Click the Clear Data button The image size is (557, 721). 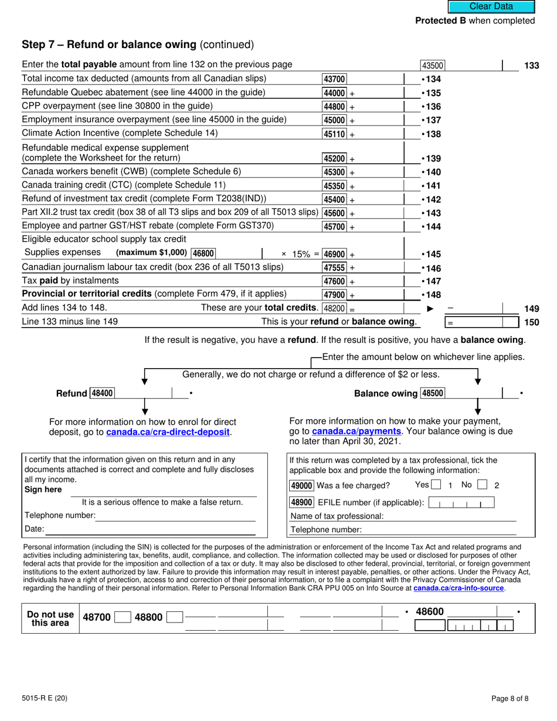tap(491, 7)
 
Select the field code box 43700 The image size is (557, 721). tap(335, 79)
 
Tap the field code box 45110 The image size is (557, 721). tap(335, 134)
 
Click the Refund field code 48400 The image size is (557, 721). tap(102, 393)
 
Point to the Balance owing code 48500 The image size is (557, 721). tap(433, 393)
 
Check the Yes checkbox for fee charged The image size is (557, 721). tap(436, 485)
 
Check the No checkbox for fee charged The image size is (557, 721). tap(482, 485)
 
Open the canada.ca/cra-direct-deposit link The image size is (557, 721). tap(168, 433)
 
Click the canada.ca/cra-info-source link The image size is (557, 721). tap(458, 588)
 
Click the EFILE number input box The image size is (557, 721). tap(461, 502)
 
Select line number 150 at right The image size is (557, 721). tap(531, 322)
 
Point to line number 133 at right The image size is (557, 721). tap(531, 66)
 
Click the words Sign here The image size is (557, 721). tap(43, 489)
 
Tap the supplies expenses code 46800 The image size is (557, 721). tap(203, 253)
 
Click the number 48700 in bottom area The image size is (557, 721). tap(96, 617)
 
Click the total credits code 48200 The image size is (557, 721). tap(335, 308)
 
